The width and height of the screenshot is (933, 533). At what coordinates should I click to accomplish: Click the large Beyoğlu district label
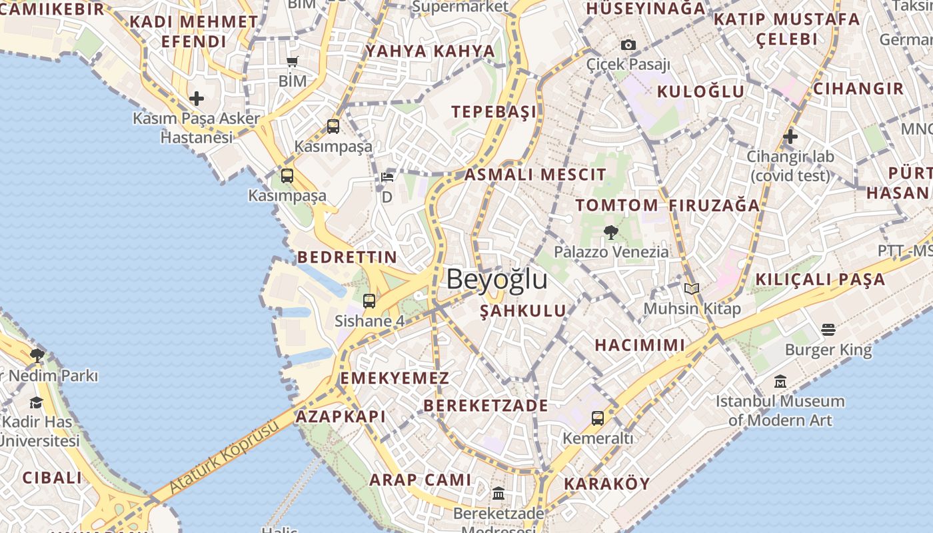coord(496,279)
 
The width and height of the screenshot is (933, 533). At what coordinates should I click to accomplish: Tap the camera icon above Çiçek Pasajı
coord(628,45)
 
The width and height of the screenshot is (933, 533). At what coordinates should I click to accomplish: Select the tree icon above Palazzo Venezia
coord(610,233)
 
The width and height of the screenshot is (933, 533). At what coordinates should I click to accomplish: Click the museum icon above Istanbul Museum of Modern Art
coord(780,382)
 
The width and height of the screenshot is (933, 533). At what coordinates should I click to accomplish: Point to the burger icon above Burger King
coord(828,330)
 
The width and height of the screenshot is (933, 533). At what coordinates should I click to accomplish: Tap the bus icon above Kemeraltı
coord(597,418)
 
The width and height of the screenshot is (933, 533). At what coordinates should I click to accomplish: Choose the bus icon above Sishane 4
coord(369,301)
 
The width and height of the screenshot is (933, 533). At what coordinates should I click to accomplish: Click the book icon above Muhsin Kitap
coord(692,289)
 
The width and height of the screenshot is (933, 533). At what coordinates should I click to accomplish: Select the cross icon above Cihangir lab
coord(790,137)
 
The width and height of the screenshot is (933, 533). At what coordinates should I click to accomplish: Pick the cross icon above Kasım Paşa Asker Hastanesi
coord(196,99)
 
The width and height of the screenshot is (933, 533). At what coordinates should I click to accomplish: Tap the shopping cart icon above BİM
coord(292,62)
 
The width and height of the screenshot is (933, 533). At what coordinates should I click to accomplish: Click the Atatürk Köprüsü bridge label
coord(223,458)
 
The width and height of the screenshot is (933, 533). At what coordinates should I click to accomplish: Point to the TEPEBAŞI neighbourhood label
coord(494,111)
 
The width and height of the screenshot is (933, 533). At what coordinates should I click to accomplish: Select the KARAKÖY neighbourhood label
coord(606,484)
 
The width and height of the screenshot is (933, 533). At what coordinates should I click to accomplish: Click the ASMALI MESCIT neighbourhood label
coord(535,175)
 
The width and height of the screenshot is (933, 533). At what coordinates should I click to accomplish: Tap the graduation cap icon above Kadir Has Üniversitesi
coord(36,402)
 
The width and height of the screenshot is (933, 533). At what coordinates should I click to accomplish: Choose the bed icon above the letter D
coord(387,177)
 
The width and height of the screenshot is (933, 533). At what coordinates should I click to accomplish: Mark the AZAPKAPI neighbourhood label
coord(341,416)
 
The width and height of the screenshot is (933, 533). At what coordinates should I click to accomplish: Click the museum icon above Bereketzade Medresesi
coord(498,493)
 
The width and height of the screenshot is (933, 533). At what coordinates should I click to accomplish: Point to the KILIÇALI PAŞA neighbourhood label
coord(820,279)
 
